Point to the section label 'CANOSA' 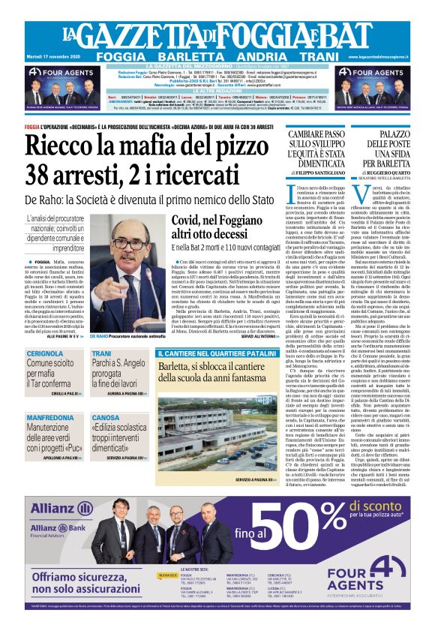click(106, 417)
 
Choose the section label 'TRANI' click(101, 353)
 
